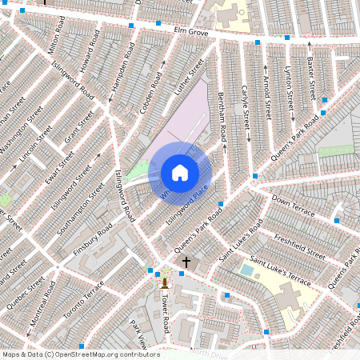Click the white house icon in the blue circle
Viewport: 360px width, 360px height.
180,173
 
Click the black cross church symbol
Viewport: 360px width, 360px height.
186,262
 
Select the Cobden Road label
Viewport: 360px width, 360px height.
150,93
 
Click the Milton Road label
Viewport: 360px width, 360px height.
55,38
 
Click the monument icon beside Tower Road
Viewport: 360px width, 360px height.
165,282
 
